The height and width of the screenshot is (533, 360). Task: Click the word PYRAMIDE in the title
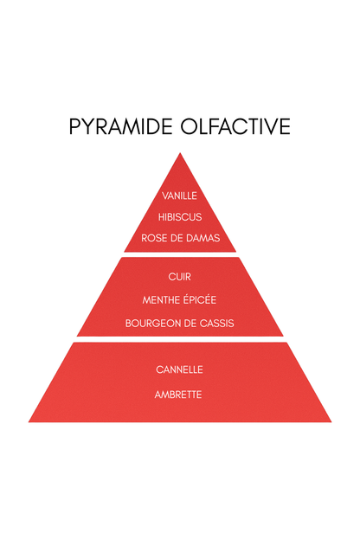click(120, 126)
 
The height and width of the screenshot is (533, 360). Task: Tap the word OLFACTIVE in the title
click(235, 126)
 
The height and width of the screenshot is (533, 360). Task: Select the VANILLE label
click(179, 196)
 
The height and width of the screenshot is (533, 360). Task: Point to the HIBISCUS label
click(180, 217)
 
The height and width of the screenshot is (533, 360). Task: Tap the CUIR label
click(179, 277)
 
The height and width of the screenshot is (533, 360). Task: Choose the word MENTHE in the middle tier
click(161, 299)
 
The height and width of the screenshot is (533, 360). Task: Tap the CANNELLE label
click(179, 369)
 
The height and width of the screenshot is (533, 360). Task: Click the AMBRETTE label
click(178, 395)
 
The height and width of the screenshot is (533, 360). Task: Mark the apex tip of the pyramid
click(180, 153)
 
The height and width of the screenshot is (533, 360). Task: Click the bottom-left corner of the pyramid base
click(29, 422)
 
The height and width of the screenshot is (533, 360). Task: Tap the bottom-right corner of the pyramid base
click(331, 422)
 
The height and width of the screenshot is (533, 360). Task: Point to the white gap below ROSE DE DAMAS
click(180, 254)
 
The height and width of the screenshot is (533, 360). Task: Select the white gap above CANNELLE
click(180, 339)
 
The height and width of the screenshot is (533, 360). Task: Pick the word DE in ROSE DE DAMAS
click(177, 238)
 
